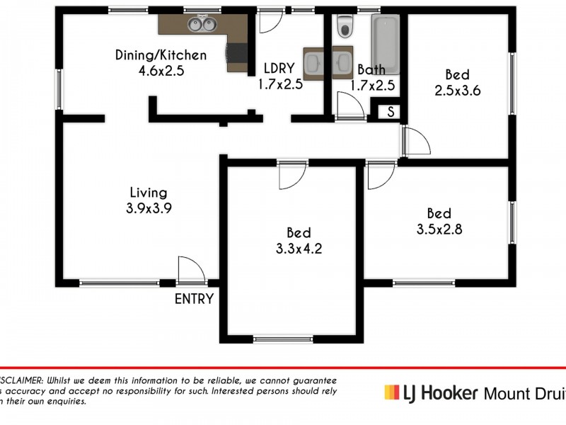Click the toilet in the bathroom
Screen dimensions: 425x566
click(345, 27)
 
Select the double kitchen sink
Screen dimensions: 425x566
click(200, 25)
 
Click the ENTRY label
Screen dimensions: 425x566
click(194, 299)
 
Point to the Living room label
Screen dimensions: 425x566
click(149, 192)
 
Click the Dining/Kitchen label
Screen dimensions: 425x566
click(161, 55)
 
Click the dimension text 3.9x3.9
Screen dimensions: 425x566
click(148, 208)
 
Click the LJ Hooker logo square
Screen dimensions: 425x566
click(390, 392)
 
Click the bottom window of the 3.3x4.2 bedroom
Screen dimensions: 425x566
click(282, 339)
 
